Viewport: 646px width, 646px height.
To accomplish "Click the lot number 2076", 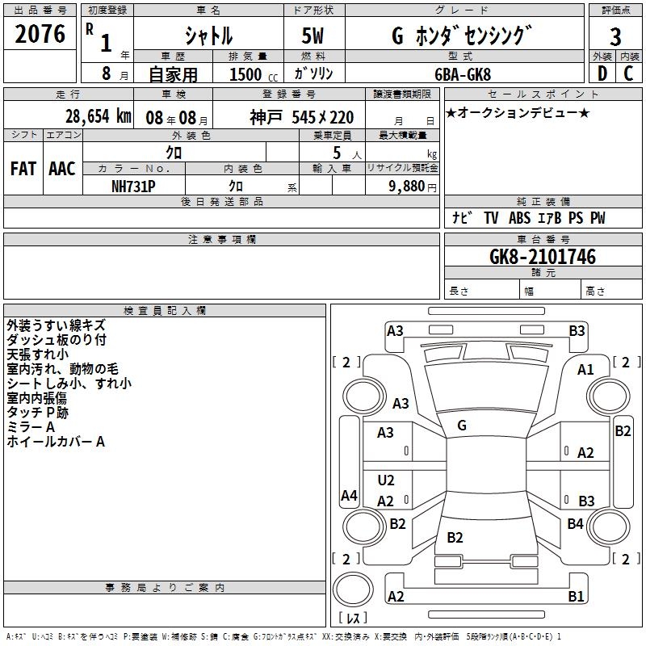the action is [x=41, y=35].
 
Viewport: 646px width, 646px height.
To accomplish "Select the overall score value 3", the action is [x=615, y=36].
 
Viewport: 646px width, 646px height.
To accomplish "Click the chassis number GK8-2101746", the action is [x=543, y=258].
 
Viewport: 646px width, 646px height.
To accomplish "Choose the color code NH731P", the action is [x=133, y=186].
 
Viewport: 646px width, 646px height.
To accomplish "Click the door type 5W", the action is [x=314, y=36].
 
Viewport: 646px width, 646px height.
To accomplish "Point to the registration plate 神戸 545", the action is [x=302, y=117].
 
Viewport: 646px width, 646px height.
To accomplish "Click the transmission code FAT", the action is [x=23, y=168].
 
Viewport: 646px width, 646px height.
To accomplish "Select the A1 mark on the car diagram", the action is [x=585, y=369].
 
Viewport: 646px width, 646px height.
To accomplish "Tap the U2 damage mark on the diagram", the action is [x=386, y=480].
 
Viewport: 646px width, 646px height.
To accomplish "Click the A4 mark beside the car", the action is [x=349, y=496].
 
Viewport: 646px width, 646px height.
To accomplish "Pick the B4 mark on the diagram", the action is [x=575, y=524].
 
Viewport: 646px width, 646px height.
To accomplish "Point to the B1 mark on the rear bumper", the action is [x=576, y=597].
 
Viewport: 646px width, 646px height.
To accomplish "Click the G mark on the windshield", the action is [x=461, y=425].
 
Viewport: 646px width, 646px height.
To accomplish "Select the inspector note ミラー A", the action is [x=31, y=426].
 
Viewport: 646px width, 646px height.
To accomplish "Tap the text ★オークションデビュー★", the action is [x=518, y=112].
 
